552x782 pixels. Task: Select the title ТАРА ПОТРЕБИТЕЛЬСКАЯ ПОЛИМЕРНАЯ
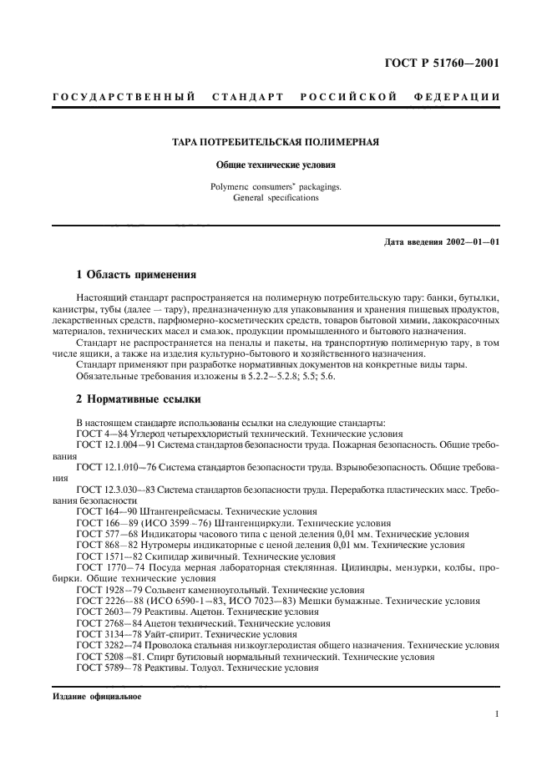(x=276, y=142)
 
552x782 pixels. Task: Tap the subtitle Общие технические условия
(x=276, y=165)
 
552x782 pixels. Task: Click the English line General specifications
(x=276, y=198)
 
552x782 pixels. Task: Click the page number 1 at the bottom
(x=497, y=713)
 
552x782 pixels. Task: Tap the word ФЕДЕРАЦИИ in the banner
(x=457, y=98)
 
